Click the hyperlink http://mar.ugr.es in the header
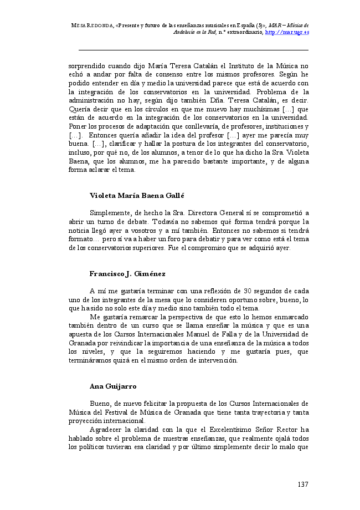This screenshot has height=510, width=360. pos(287,32)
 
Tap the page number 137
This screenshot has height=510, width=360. pos(302,484)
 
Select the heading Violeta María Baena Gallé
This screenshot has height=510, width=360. pos(136,196)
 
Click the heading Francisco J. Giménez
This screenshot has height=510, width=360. pos(127,274)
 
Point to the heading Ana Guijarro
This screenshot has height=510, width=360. pos(113,385)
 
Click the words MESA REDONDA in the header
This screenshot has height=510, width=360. pos(92,25)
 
